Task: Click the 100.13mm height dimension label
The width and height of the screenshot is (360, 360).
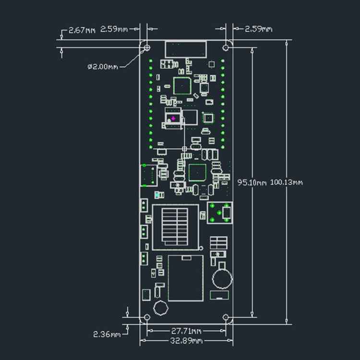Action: point(287,182)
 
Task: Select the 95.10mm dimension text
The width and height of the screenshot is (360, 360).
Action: point(252,182)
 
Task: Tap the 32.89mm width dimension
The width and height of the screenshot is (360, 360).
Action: point(186,341)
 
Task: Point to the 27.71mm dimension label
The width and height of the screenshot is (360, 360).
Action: point(186,331)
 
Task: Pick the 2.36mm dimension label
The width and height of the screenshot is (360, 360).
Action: point(107,334)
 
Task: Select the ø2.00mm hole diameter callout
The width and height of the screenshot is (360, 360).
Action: point(102,67)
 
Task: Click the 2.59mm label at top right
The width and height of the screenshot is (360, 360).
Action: point(259,29)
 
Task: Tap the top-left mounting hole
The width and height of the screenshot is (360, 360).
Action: point(146,48)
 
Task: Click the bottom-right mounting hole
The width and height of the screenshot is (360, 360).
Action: point(226,318)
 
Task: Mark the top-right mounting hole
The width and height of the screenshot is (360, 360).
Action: point(226,48)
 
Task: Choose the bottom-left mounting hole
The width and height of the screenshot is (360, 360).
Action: point(146,318)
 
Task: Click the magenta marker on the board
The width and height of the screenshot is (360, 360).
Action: point(173,117)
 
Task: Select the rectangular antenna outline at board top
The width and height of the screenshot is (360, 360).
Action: point(186,49)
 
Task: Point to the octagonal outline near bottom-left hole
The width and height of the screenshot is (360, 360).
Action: point(160,308)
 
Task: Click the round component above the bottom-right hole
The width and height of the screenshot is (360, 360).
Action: point(221,277)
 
